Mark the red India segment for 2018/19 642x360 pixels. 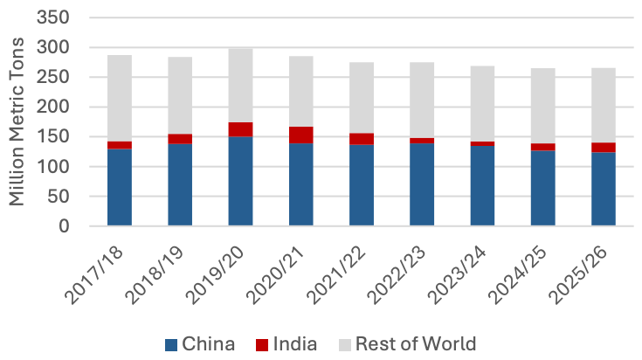click(x=180, y=139)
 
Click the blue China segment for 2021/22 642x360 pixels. click(x=361, y=185)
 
